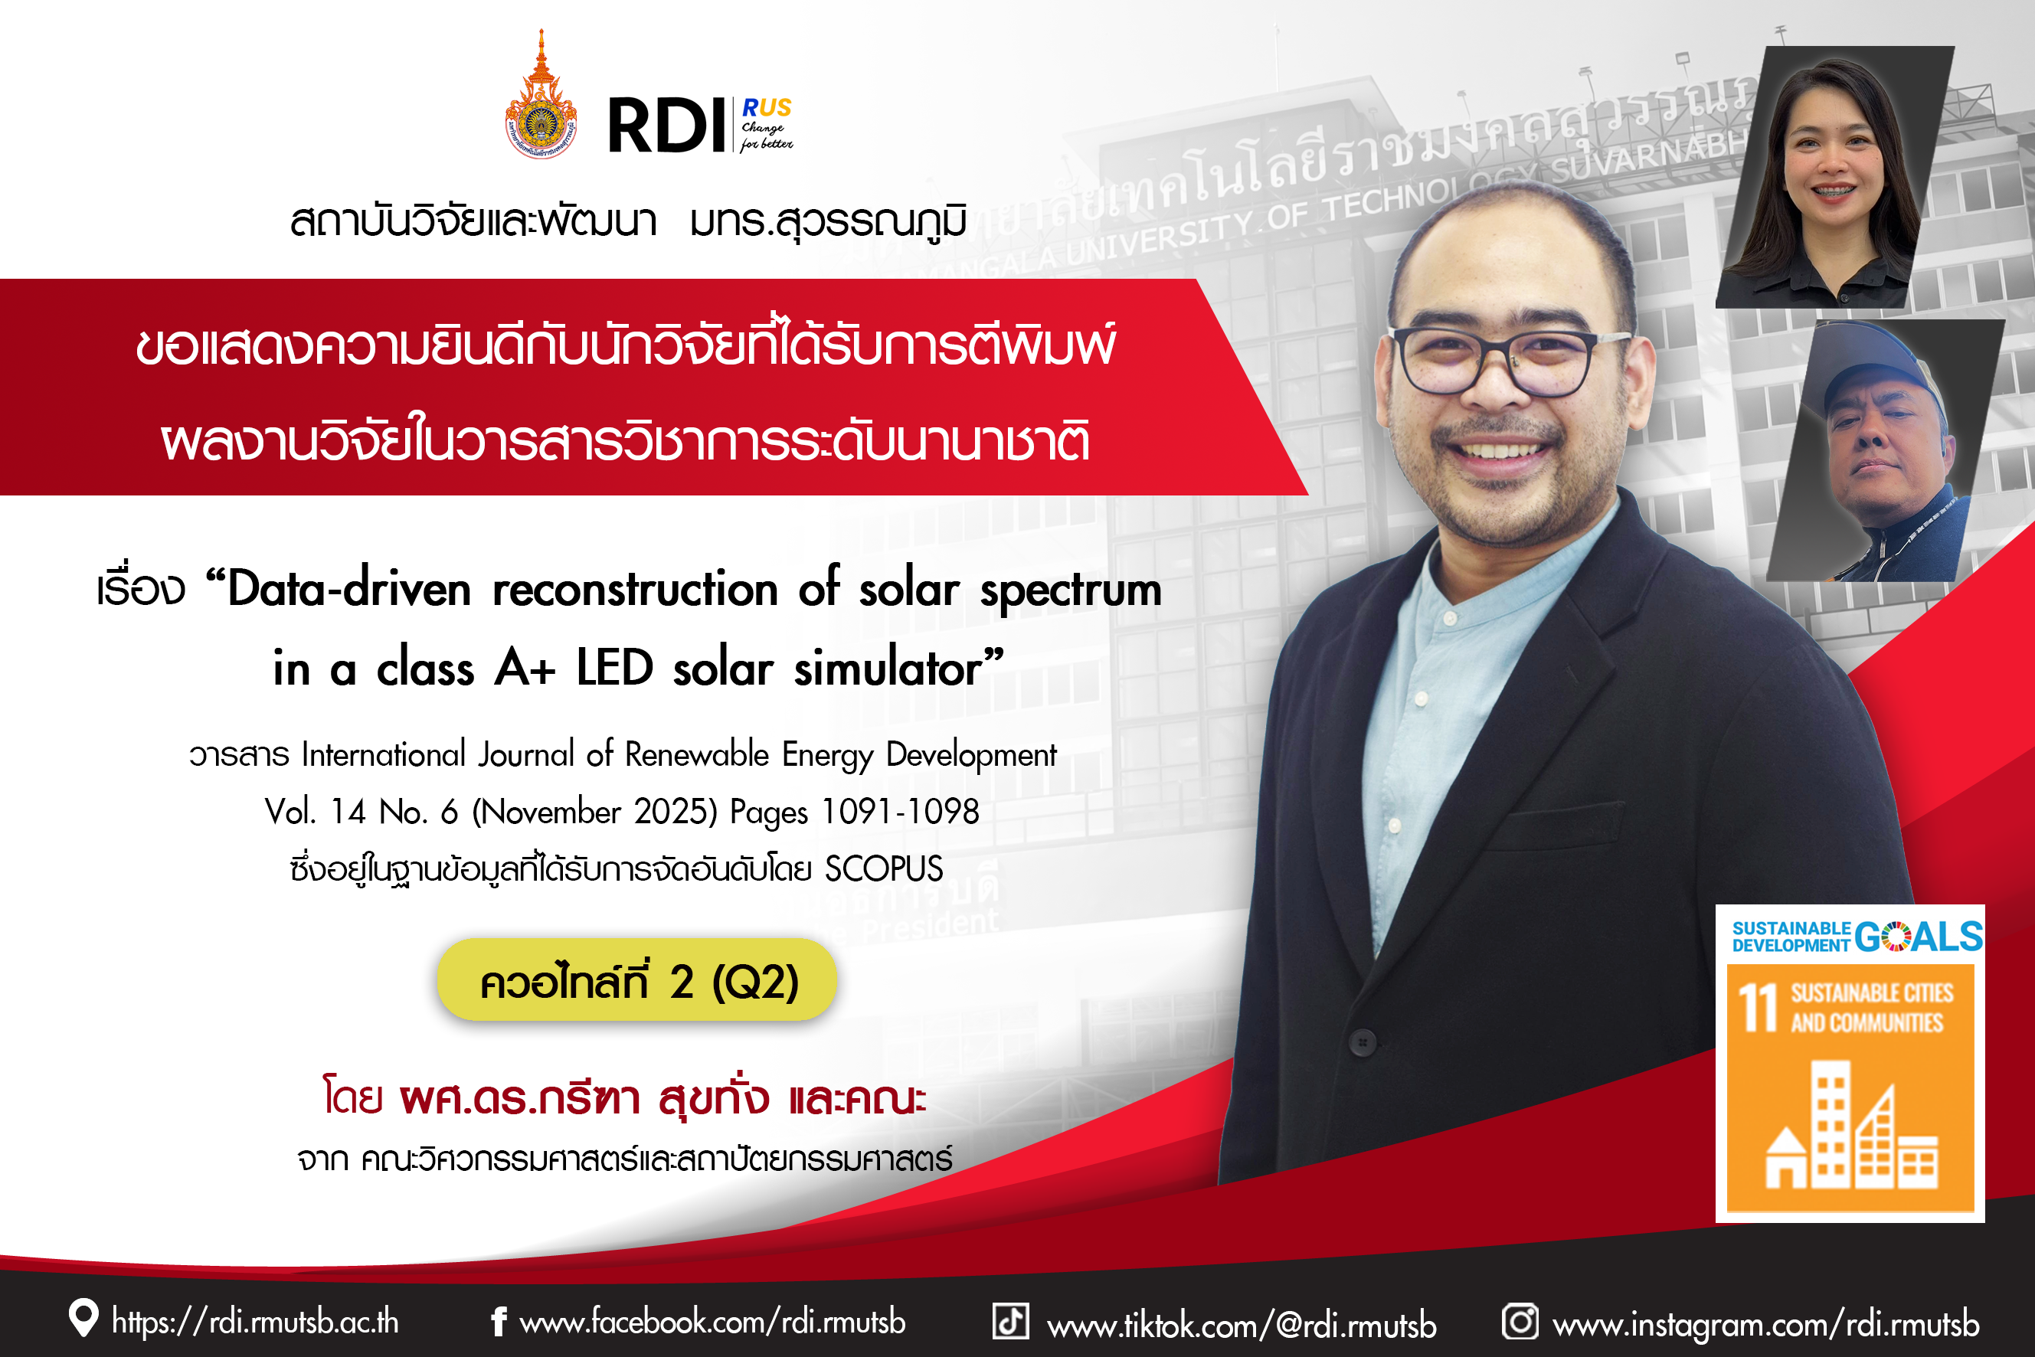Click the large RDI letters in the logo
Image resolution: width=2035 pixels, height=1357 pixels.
tap(666, 126)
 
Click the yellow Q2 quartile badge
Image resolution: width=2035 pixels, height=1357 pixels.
tap(637, 979)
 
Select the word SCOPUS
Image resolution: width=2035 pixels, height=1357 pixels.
tap(884, 869)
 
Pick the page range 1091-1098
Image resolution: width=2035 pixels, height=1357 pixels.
tap(900, 812)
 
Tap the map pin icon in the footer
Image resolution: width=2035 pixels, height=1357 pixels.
tap(83, 1318)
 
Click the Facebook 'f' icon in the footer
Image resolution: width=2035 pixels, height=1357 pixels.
tap(499, 1321)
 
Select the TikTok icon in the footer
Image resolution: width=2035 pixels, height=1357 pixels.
tap(1010, 1322)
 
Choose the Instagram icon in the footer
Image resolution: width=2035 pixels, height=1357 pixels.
tap(1520, 1322)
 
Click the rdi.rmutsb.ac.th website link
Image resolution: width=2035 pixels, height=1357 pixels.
tap(255, 1322)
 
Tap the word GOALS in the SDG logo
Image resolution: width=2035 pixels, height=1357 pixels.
tap(1919, 937)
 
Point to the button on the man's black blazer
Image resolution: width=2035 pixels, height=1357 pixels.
tap(1363, 1042)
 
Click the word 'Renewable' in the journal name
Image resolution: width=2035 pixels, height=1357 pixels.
tap(697, 754)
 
